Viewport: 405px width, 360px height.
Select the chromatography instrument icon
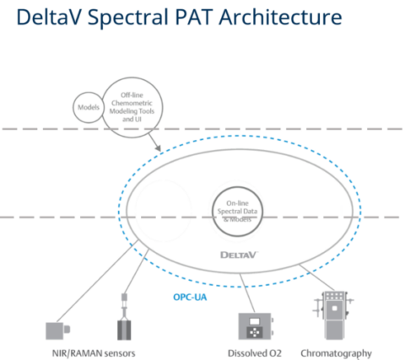[335, 315]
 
